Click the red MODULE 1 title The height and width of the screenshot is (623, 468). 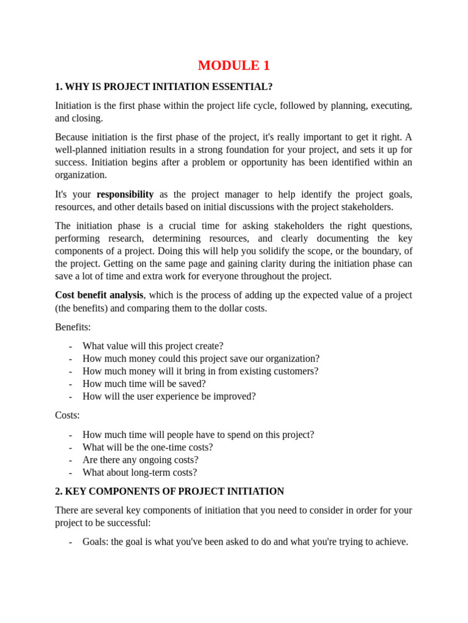coord(233,66)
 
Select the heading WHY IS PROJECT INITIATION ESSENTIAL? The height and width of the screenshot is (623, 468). coord(163,86)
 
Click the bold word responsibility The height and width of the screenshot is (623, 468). coord(125,195)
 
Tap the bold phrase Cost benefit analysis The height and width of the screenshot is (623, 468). coord(99,295)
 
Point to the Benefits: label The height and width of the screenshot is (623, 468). coord(73,327)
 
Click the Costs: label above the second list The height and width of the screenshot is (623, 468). coord(67,416)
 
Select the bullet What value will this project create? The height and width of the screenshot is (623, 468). coord(152,346)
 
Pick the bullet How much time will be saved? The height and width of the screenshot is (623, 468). coord(144,384)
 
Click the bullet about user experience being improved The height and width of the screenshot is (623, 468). coord(169,397)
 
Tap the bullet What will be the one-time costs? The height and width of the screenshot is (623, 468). coord(147,447)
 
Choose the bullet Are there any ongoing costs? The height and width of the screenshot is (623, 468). coord(140,460)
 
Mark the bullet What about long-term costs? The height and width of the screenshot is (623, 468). coord(140,473)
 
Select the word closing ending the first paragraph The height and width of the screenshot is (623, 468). coord(88,118)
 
